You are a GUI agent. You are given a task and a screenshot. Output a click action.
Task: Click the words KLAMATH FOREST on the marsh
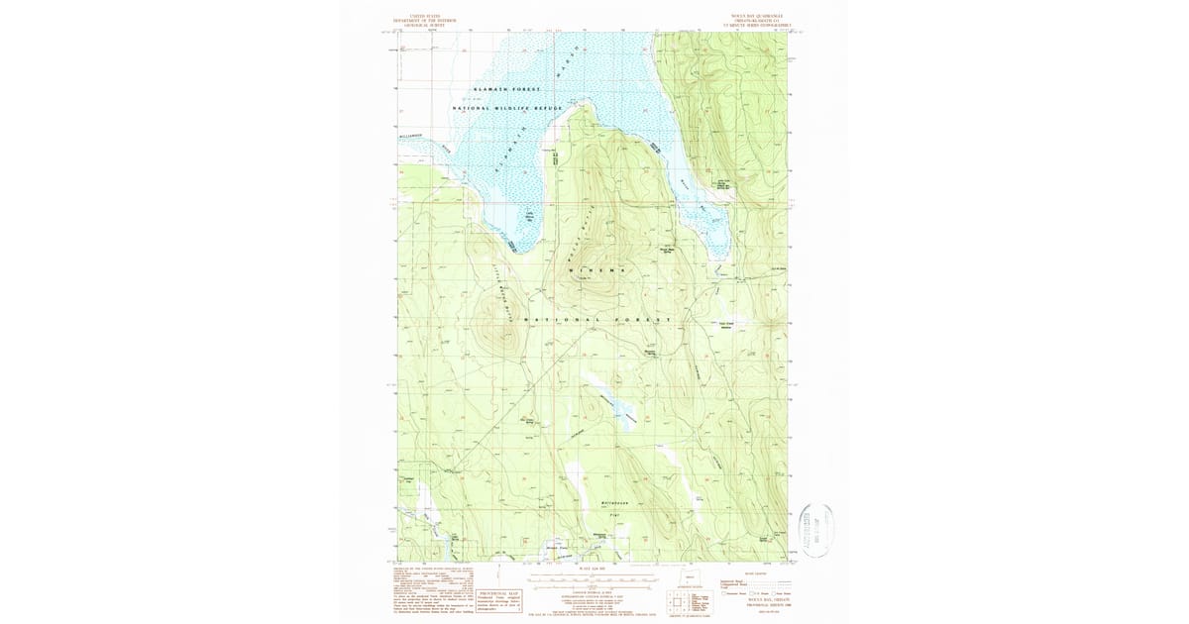pos(507,89)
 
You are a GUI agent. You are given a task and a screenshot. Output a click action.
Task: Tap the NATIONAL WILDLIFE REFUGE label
pos(507,107)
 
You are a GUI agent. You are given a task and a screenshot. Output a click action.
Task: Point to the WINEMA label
pos(598,269)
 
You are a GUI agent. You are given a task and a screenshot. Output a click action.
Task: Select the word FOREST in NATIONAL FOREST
pos(643,320)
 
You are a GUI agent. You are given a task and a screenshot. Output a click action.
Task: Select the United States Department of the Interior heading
pos(428,19)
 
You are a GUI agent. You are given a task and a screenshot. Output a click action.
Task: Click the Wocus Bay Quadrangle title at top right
pos(762,19)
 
